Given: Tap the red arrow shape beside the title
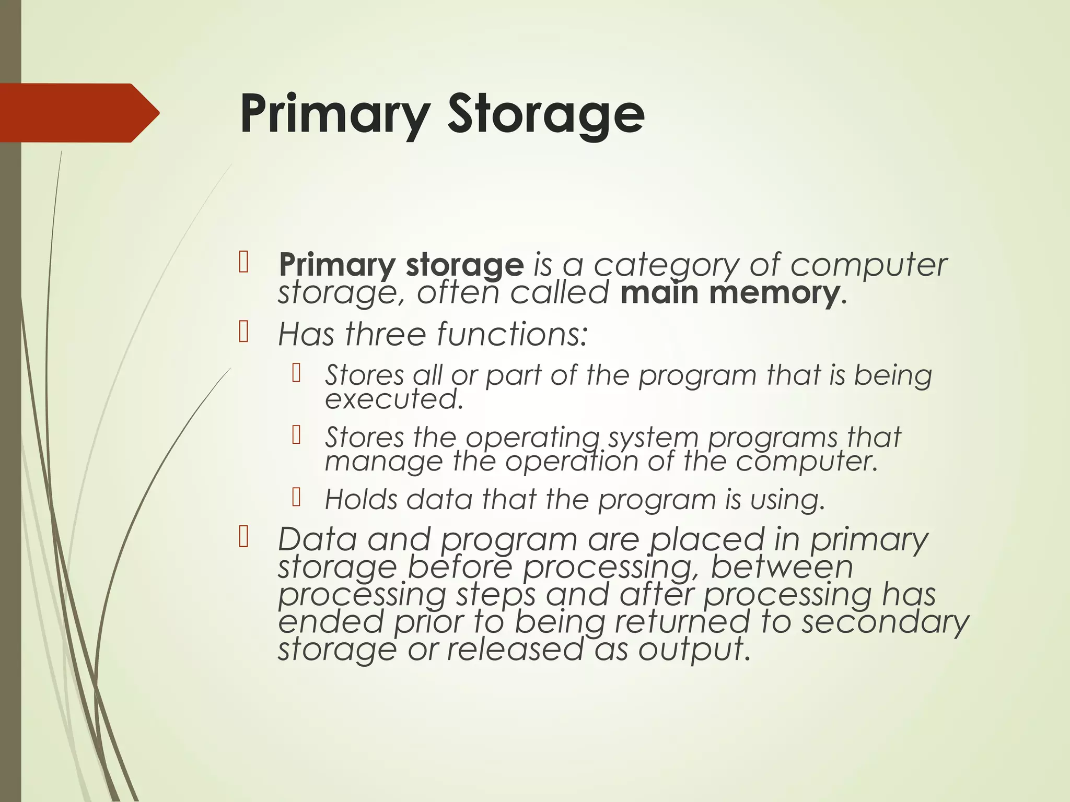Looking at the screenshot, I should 78,113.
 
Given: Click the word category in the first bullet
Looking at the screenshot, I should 667,265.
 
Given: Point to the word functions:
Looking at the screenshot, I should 511,334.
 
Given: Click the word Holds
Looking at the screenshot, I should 360,500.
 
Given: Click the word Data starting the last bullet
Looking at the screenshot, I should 317,539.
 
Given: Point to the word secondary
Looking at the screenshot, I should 885,622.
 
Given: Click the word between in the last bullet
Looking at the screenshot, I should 782,567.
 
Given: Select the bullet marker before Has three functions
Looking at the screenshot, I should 243,332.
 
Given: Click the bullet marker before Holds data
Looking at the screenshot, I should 297,498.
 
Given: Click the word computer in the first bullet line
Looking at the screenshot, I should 868,265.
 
